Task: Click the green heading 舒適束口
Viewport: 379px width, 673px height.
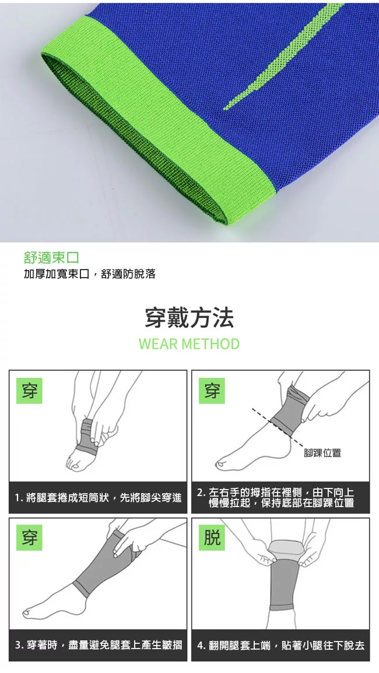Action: tap(51, 257)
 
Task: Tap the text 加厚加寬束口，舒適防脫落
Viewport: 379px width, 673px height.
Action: tap(89, 274)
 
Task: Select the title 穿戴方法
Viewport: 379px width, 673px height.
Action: tap(189, 318)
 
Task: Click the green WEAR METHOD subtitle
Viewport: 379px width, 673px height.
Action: tap(189, 344)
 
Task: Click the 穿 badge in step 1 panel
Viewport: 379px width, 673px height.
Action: tap(29, 391)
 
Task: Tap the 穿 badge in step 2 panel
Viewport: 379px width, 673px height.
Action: tap(212, 391)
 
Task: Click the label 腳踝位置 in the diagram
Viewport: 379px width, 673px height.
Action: tap(322, 453)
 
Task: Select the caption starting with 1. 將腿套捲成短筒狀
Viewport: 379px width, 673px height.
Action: tap(99, 498)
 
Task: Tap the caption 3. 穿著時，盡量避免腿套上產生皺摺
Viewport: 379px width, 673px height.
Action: tap(99, 644)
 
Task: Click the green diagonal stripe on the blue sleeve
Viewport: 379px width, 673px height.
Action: tap(283, 56)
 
